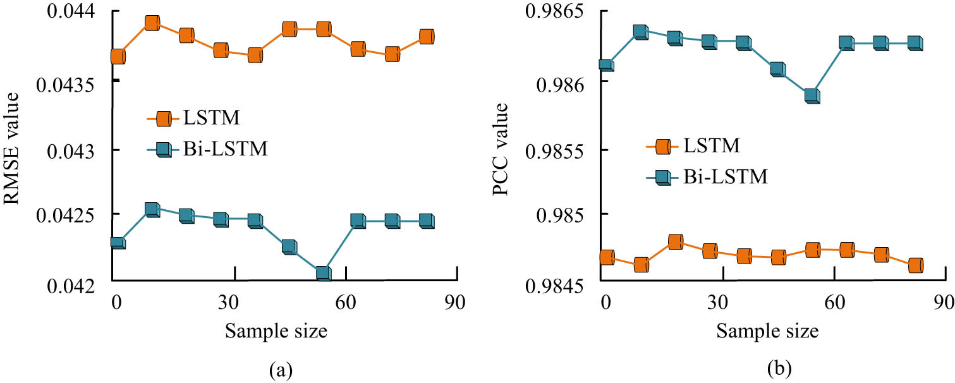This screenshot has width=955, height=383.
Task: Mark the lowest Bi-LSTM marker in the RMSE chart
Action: [323, 273]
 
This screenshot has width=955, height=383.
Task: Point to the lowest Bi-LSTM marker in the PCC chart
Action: [812, 96]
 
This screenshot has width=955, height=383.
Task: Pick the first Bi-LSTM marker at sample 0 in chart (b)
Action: [605, 66]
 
